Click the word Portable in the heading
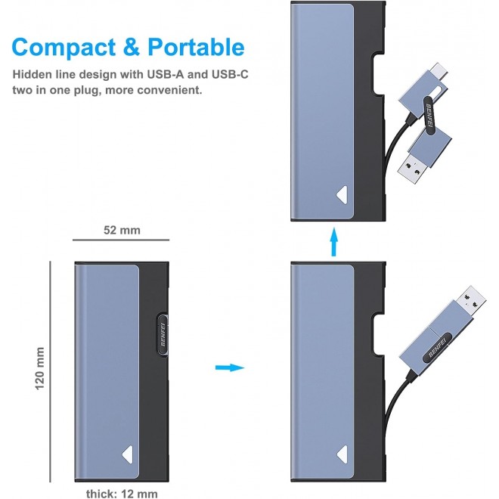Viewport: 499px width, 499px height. (x=194, y=47)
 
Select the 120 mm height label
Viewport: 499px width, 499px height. (x=40, y=370)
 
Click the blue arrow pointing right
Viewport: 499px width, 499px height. (x=229, y=368)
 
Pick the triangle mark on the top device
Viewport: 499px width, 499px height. (x=344, y=194)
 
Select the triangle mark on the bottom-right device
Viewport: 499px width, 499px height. (x=344, y=452)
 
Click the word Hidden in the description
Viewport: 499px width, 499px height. (x=31, y=75)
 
